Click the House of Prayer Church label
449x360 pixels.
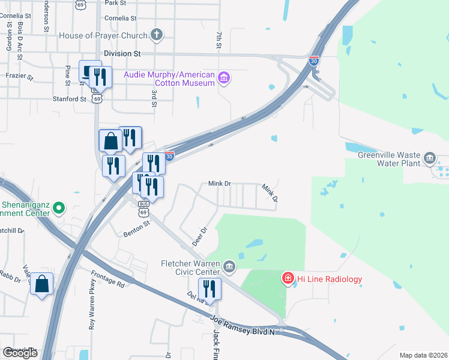[103, 35]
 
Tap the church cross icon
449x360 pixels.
[157, 35]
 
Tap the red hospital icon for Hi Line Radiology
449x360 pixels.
[288, 278]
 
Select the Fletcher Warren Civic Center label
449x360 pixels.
[191, 268]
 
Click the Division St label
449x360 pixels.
[118, 53]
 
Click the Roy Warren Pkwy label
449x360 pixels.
[93, 304]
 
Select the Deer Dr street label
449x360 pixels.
[199, 236]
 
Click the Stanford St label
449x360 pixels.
[70, 99]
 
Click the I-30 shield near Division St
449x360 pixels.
[313, 61]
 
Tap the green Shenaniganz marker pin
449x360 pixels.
[58, 208]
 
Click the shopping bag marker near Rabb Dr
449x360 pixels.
[42, 284]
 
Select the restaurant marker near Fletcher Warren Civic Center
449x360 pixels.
[209, 289]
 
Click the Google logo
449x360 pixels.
[20, 353]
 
